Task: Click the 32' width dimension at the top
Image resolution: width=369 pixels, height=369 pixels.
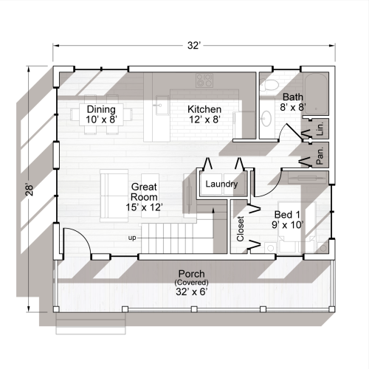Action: pyautogui.click(x=193, y=46)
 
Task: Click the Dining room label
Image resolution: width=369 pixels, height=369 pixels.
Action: pyautogui.click(x=100, y=110)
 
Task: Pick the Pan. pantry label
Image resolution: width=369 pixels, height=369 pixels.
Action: pyautogui.click(x=321, y=154)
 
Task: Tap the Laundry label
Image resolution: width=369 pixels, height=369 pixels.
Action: pyautogui.click(x=221, y=184)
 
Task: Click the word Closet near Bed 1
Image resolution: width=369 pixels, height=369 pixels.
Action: pyautogui.click(x=240, y=228)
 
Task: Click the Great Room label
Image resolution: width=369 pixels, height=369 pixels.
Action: pyautogui.click(x=142, y=197)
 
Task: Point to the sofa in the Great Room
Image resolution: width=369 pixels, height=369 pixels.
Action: pyautogui.click(x=114, y=196)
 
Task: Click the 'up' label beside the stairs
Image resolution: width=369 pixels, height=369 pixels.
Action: pyautogui.click(x=132, y=238)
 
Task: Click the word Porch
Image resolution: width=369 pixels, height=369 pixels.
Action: pyautogui.click(x=191, y=275)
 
